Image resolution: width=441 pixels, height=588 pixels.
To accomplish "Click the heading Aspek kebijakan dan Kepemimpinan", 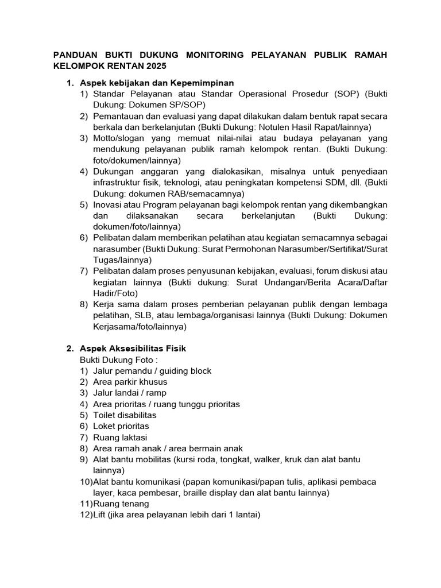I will tap(157, 83).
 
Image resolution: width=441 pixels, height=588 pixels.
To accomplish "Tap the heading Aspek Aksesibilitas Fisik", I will tap(133, 349).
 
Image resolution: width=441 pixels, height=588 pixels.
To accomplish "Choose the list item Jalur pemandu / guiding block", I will tap(152, 371).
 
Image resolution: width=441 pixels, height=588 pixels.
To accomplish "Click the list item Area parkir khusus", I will tap(130, 382).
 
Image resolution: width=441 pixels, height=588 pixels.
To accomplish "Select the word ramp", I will tap(156, 393).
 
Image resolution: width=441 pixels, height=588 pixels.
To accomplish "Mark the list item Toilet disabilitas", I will tap(125, 415).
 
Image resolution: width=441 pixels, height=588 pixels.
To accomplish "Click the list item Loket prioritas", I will tap(121, 426).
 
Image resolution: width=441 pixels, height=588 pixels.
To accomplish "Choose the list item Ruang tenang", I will tap(118, 504).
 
